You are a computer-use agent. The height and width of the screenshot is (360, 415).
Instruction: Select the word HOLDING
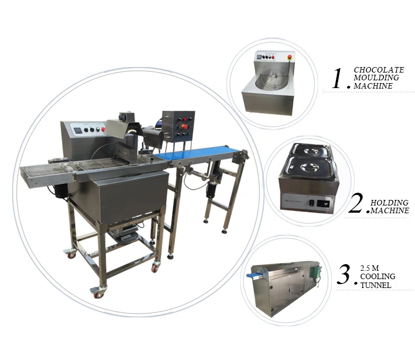390,203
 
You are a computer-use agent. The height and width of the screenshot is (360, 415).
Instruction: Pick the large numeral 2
356,203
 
